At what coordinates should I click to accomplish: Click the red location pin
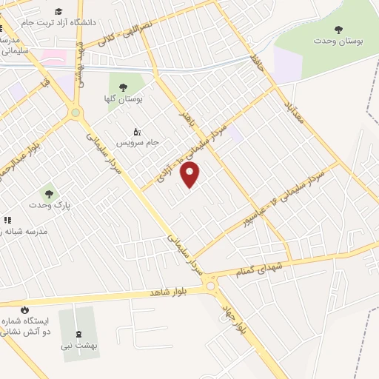(190, 175)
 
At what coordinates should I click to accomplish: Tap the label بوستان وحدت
(338, 41)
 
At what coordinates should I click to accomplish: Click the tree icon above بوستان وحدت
(338, 30)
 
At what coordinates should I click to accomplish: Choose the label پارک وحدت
(45, 204)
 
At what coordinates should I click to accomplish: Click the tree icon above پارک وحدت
(49, 193)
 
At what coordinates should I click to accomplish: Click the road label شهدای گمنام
(262, 272)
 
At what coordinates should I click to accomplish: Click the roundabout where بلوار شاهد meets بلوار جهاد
(212, 286)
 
